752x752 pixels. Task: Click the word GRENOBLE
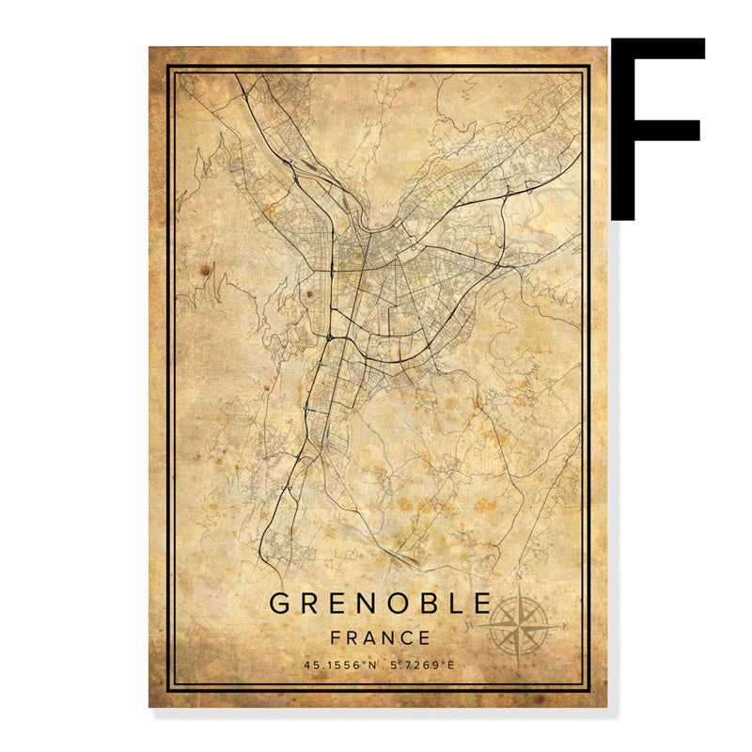coord(381,603)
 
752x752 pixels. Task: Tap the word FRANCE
coord(381,637)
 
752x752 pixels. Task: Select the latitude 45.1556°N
coord(340,666)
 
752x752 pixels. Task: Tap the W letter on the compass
coord(473,622)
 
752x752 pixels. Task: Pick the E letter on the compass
coord(565,626)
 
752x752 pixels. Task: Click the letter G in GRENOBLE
coord(280,603)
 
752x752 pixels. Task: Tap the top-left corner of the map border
coord(169,67)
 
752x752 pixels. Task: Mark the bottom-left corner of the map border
coord(169,687)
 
